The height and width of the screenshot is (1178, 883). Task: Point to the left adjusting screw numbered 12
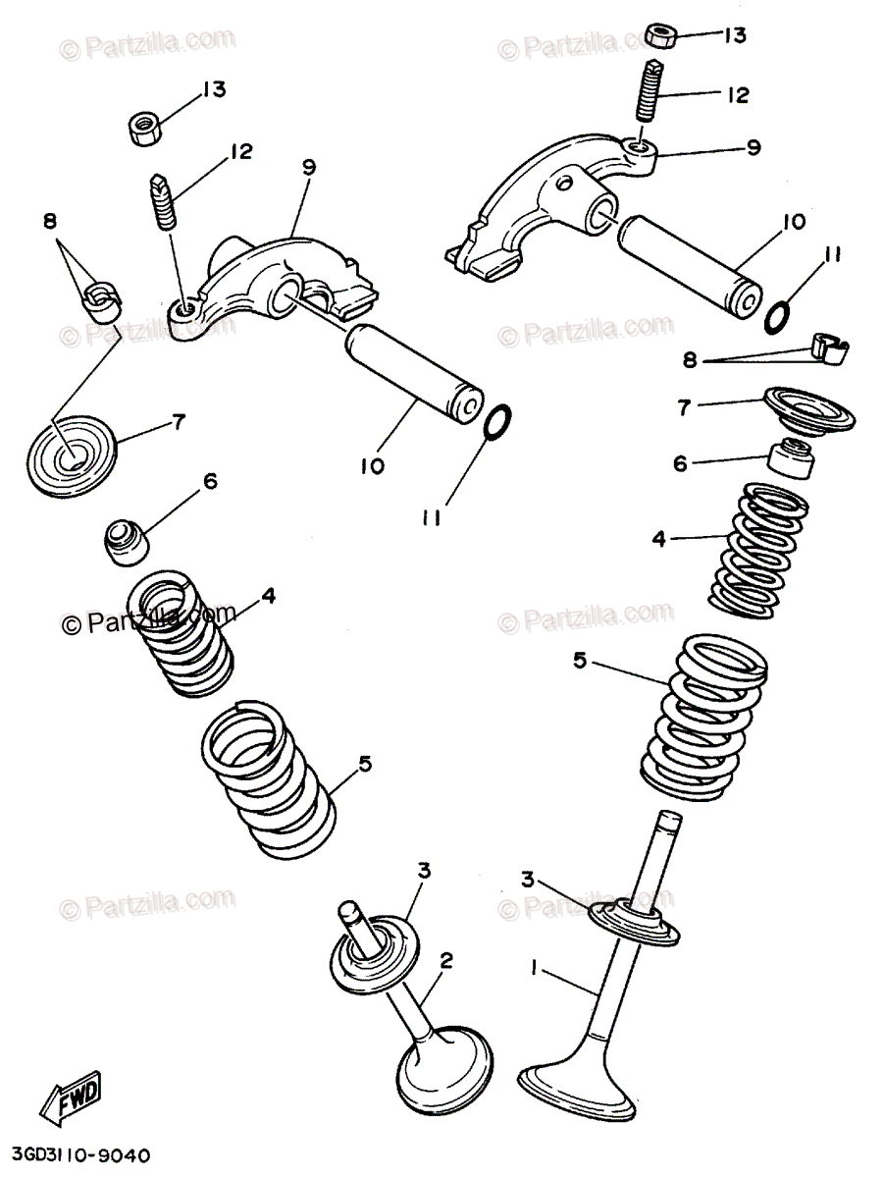tap(165, 201)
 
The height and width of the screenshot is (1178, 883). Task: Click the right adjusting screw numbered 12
tap(649, 93)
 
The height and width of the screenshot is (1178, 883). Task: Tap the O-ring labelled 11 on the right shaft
tap(776, 315)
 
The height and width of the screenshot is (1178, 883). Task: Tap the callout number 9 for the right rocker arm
tap(753, 148)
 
